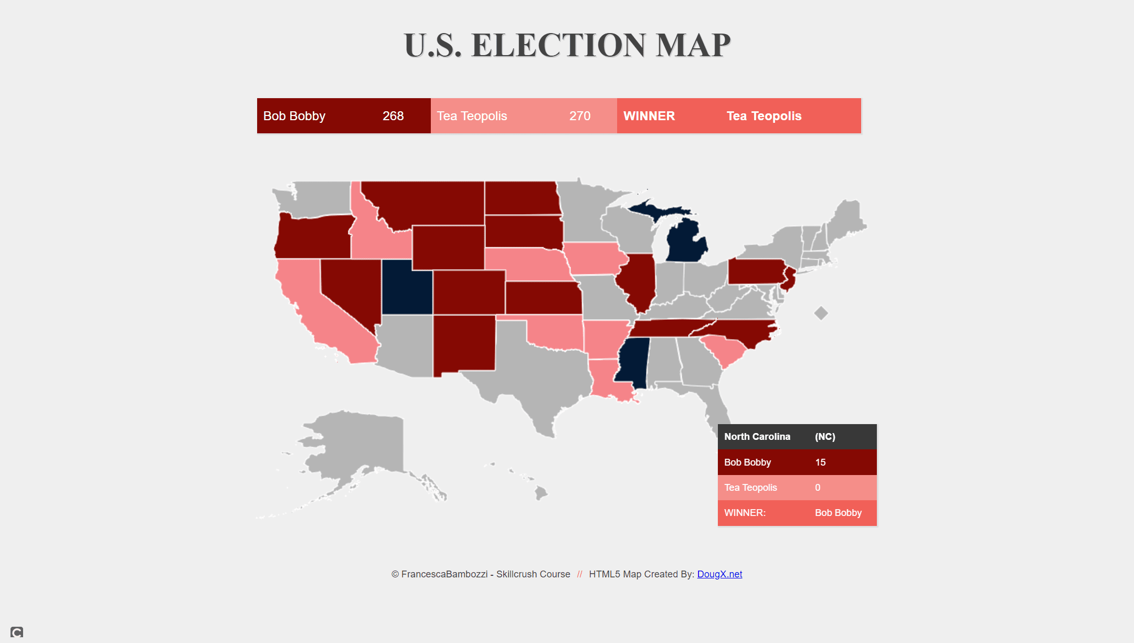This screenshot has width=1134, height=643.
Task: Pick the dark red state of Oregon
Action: pos(313,237)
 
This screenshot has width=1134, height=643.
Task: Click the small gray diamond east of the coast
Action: pos(821,313)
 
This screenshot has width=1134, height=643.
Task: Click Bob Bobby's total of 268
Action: pos(393,116)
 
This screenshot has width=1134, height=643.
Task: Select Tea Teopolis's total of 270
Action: pos(580,116)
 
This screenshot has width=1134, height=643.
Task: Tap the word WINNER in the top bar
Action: pos(649,116)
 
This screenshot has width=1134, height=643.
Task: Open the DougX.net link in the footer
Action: pos(719,574)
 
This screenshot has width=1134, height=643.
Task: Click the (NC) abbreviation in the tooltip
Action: pos(825,437)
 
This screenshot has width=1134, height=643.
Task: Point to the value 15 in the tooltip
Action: pos(820,462)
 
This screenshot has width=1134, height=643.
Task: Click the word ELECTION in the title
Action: pos(558,45)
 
